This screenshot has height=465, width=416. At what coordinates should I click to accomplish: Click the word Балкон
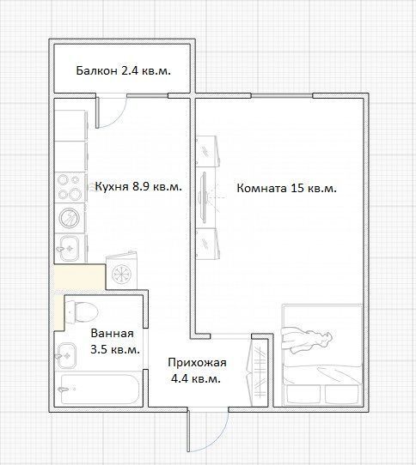click(x=96, y=71)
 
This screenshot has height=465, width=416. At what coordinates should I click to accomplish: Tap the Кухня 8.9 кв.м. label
click(x=138, y=186)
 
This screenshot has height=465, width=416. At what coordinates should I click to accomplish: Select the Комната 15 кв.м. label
click(x=287, y=188)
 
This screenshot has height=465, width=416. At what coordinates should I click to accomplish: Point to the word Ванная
click(x=112, y=333)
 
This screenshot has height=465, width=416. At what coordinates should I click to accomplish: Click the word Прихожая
click(x=197, y=363)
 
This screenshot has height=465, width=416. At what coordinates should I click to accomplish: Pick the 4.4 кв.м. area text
click(x=196, y=378)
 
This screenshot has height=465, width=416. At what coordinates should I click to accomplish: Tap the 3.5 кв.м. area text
click(x=115, y=349)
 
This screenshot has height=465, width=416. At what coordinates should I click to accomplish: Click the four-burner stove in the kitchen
click(x=70, y=187)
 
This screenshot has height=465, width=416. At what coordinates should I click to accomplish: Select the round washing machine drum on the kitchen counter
click(x=70, y=218)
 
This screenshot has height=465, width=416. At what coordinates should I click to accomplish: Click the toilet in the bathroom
click(x=82, y=312)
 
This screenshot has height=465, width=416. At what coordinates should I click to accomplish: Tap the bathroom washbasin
click(x=66, y=356)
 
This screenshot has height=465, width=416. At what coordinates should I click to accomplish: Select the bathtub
click(x=99, y=390)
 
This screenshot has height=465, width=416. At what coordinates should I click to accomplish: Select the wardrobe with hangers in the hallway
click(x=257, y=372)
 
